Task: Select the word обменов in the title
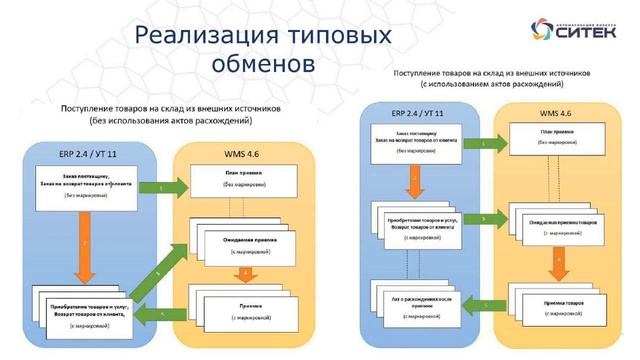[262, 63]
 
